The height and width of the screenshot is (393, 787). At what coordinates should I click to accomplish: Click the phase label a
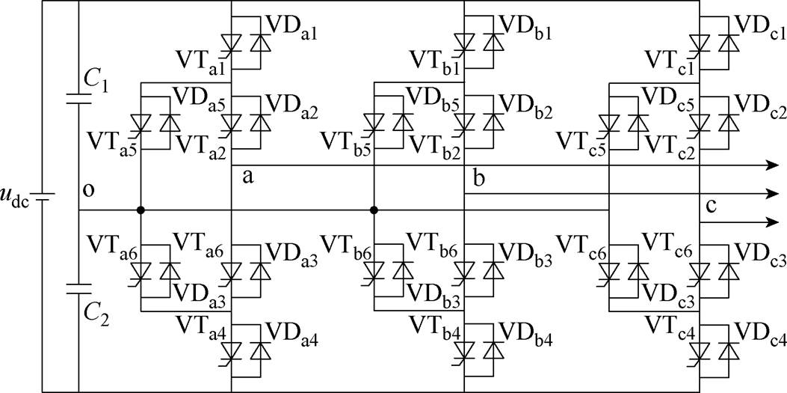click(247, 177)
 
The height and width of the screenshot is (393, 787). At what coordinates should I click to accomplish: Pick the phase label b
click(478, 178)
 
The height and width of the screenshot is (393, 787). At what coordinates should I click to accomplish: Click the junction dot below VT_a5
click(141, 210)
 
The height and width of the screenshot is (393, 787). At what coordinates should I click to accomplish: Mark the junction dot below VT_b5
click(374, 210)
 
